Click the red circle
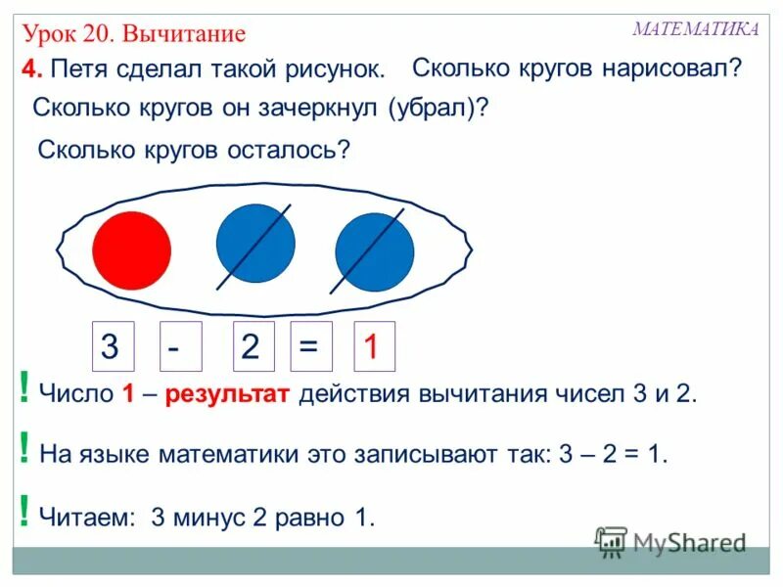(132, 249)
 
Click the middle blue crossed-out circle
(255, 245)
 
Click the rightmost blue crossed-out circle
(374, 251)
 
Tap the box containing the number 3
(112, 346)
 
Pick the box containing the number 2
(253, 346)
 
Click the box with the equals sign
(311, 346)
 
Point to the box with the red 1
(374, 346)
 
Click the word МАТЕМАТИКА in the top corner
(695, 28)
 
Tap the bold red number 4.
(31, 70)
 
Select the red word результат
(227, 395)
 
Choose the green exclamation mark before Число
(23, 392)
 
